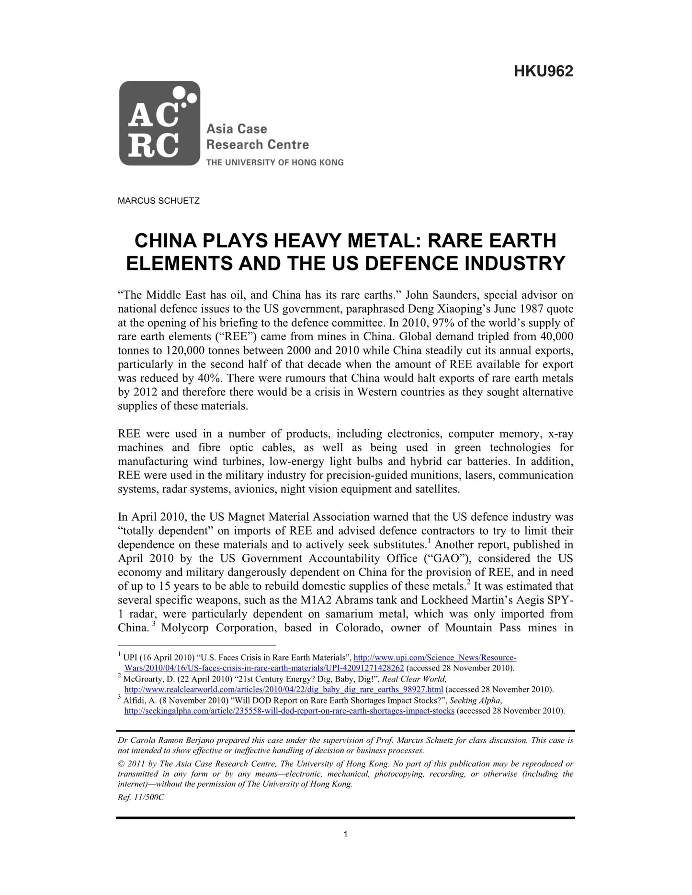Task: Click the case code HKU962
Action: pyautogui.click(x=543, y=71)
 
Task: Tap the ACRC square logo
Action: pyautogui.click(x=159, y=123)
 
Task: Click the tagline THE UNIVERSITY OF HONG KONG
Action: pyautogui.click(x=274, y=162)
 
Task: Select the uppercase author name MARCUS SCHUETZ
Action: pyautogui.click(x=159, y=201)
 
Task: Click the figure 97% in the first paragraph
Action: pyautogui.click(x=443, y=323)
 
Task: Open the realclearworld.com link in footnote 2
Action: pyautogui.click(x=284, y=690)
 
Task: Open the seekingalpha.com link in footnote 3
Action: pyautogui.click(x=289, y=711)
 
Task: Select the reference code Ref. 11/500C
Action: pyautogui.click(x=141, y=797)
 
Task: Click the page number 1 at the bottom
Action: pyautogui.click(x=346, y=835)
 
